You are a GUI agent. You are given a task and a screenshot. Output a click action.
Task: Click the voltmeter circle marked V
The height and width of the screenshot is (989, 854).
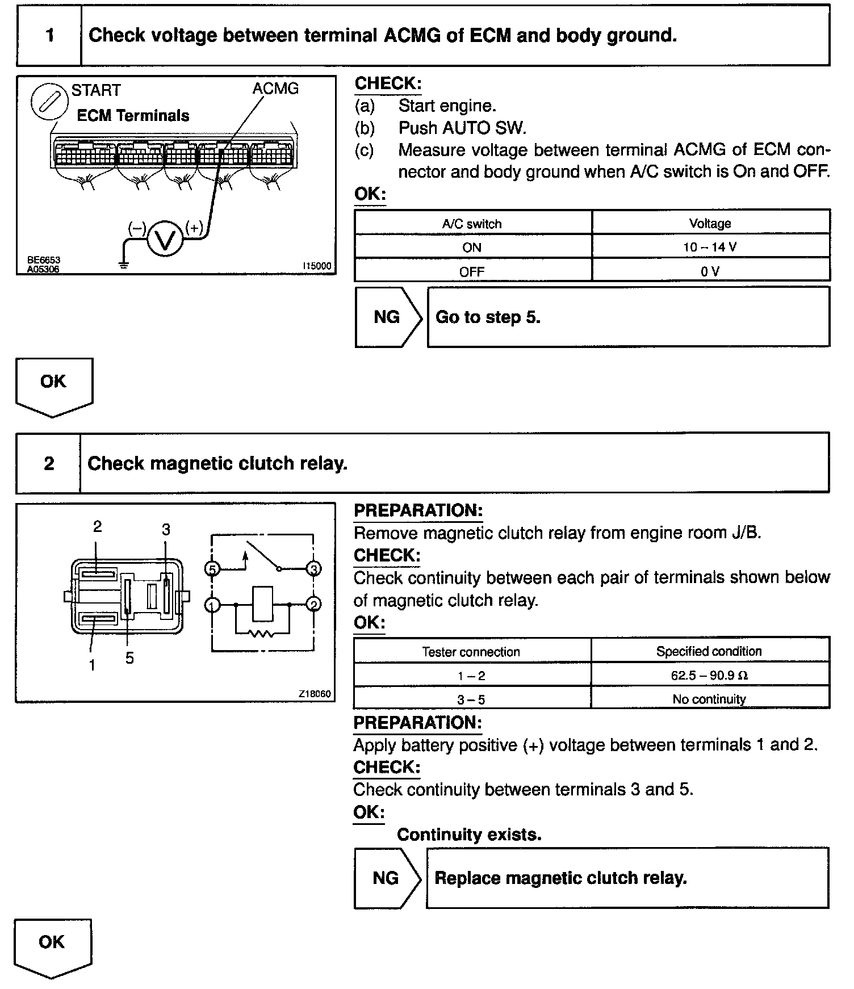165,239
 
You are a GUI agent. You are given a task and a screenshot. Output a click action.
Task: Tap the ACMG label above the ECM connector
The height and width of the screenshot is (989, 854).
275,89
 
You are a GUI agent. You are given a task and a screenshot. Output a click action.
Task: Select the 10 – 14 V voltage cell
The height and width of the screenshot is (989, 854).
710,247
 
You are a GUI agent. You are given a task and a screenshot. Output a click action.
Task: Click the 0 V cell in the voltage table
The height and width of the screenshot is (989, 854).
710,271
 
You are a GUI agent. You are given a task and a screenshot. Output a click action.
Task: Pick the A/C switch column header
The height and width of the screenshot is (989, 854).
472,224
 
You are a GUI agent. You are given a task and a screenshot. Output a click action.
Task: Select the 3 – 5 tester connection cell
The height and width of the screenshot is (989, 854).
471,699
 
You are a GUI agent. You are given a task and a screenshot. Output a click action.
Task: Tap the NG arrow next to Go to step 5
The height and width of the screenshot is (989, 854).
388,317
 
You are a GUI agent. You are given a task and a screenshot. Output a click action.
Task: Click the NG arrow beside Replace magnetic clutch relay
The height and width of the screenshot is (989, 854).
387,878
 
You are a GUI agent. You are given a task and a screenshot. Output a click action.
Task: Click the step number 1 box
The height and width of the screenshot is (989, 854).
49,36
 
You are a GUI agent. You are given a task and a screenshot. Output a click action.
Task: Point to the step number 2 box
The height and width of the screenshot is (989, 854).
49,463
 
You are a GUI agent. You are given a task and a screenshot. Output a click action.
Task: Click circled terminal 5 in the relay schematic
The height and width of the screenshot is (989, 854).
212,568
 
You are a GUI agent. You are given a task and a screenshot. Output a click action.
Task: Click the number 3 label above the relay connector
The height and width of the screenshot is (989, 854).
166,530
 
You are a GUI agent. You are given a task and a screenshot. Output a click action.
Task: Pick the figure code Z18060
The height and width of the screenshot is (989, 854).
315,694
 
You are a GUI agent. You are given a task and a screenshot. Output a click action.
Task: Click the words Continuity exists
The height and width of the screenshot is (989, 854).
469,835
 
